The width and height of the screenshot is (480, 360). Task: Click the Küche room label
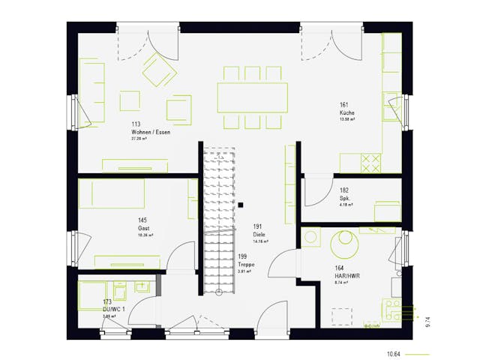click(x=346, y=112)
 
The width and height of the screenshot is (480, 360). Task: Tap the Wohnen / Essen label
click(x=151, y=132)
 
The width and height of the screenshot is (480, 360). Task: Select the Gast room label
click(x=142, y=228)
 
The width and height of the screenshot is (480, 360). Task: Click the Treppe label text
click(x=247, y=265)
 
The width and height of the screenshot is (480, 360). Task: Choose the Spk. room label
click(x=345, y=199)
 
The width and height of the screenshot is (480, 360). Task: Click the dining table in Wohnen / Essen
click(x=252, y=96)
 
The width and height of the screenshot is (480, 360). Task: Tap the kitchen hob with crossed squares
click(x=371, y=161)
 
